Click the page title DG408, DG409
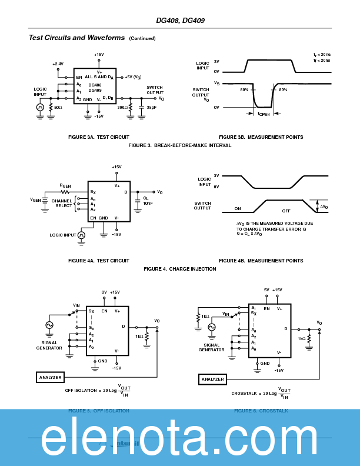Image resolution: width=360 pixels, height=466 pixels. pos(180,21)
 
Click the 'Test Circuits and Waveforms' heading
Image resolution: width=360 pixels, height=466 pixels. pos(76,38)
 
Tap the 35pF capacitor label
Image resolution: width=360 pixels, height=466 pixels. pos(151,108)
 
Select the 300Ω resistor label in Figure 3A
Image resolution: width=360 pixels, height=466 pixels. pos(122,108)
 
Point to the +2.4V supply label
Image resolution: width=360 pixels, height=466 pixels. pos(58,64)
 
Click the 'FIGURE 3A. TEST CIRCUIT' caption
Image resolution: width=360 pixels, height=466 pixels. pos(99,137)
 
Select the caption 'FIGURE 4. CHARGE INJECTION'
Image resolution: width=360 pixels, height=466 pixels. pos(180,269)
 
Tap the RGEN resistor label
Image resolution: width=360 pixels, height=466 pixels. pos(65,186)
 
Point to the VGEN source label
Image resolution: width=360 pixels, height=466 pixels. pos(36,199)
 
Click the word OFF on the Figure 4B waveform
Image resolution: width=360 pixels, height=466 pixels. pos(286,210)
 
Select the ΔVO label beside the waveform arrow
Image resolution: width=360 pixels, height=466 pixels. pos(324,207)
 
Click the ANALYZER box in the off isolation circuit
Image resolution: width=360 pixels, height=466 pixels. pos(50,377)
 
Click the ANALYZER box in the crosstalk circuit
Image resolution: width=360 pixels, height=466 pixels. pos(212,380)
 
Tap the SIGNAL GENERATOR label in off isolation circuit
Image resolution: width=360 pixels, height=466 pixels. pos(49,345)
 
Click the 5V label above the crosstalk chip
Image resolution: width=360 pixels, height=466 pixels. pos(266,290)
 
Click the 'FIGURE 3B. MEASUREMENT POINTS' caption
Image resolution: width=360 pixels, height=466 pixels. pos(261,137)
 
